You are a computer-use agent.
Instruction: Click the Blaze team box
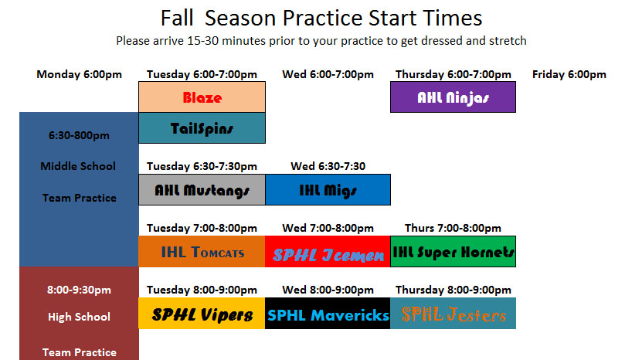pyautogui.click(x=202, y=97)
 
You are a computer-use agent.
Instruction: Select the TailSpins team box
pyautogui.click(x=202, y=127)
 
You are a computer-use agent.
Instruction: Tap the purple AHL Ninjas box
pyautogui.click(x=453, y=97)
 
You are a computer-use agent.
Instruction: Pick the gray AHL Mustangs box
pyautogui.click(x=202, y=189)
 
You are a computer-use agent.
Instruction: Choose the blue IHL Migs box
pyautogui.click(x=328, y=189)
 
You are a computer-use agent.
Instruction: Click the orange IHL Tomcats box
pyautogui.click(x=202, y=252)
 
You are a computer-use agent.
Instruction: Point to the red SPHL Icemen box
pyautogui.click(x=328, y=252)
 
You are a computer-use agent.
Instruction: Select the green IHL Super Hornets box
pyautogui.click(x=453, y=252)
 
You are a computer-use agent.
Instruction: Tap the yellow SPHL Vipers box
pyautogui.click(x=202, y=314)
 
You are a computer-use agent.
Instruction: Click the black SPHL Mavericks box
pyautogui.click(x=328, y=314)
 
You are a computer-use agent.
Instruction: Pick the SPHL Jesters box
pyautogui.click(x=453, y=314)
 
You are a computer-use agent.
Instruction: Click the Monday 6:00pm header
pyautogui.click(x=79, y=74)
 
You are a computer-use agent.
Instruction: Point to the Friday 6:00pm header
pyautogui.click(x=569, y=74)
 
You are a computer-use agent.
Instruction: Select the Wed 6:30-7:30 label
pyautogui.click(x=328, y=166)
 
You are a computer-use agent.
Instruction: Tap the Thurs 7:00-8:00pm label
pyautogui.click(x=453, y=228)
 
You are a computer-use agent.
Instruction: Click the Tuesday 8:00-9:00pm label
pyautogui.click(x=202, y=290)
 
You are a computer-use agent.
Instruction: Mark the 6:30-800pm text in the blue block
pyautogui.click(x=79, y=135)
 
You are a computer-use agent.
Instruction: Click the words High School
pyautogui.click(x=79, y=317)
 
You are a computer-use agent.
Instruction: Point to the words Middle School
pyautogui.click(x=78, y=166)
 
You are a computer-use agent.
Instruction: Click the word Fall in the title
pyautogui.click(x=176, y=19)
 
